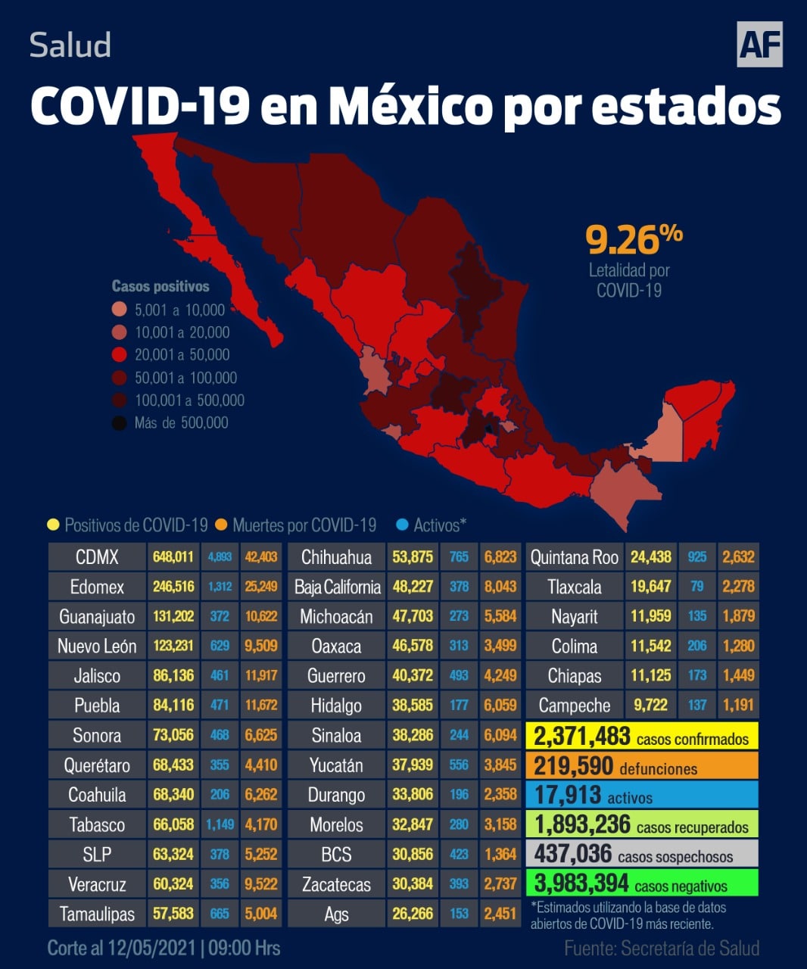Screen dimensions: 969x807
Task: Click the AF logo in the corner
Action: [x=759, y=45]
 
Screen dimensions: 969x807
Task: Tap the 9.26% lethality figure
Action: [x=634, y=239]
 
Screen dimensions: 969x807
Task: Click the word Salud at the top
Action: [x=70, y=45]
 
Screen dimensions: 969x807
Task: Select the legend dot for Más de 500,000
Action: [x=120, y=423]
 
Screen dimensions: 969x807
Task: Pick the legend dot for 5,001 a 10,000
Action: [x=120, y=310]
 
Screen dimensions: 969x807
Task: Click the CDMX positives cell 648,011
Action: [x=173, y=557]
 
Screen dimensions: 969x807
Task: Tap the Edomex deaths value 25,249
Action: [x=261, y=587]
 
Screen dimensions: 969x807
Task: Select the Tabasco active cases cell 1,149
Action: [x=220, y=824]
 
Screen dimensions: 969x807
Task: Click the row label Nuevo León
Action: [x=97, y=647]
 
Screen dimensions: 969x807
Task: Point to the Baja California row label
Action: [x=337, y=587]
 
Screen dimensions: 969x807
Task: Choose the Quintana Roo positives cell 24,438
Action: [x=651, y=557]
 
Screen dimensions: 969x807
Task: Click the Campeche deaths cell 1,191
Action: [x=738, y=706]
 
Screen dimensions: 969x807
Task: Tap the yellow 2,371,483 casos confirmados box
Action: [x=641, y=736]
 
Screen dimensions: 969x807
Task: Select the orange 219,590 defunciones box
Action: [x=641, y=765]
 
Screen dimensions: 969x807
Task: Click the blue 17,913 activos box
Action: [x=641, y=795]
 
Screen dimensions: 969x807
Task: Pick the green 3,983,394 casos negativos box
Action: [x=641, y=883]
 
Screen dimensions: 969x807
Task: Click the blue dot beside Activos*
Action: [x=402, y=525]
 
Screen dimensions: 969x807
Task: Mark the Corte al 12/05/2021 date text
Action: [x=164, y=948]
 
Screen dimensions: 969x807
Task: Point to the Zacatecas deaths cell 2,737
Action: [x=500, y=883]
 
